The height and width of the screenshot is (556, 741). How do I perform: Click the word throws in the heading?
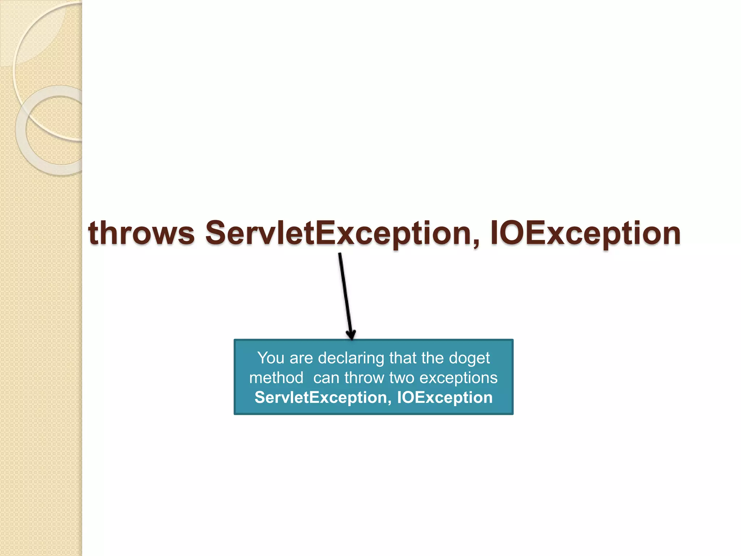[x=141, y=233]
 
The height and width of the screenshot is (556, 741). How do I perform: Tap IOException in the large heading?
[x=585, y=233]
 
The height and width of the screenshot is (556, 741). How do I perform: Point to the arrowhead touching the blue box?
[x=351, y=334]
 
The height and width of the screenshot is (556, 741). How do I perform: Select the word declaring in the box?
[x=351, y=358]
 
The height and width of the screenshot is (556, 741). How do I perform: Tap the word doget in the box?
[x=469, y=358]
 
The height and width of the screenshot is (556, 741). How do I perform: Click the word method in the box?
[x=276, y=378]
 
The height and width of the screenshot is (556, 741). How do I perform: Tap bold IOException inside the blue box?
[x=445, y=397]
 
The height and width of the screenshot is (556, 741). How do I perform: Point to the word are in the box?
[x=301, y=358]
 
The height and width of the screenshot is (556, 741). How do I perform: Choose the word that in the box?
[x=403, y=358]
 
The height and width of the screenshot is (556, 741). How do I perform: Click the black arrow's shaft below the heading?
[x=345, y=293]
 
